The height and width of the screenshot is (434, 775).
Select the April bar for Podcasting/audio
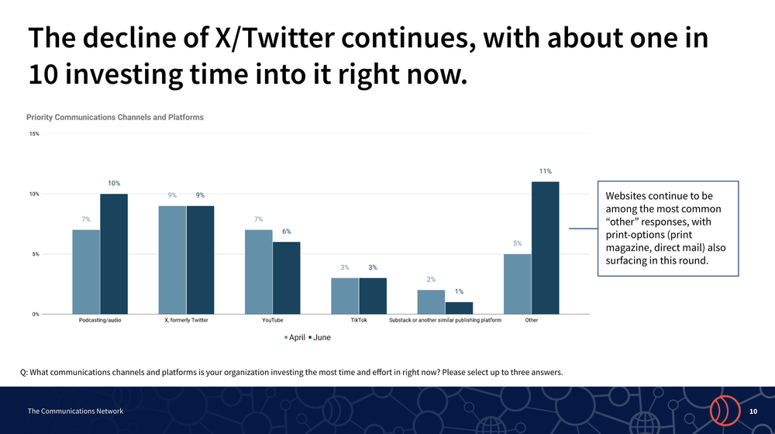(x=86, y=272)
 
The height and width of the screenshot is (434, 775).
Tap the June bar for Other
(x=545, y=248)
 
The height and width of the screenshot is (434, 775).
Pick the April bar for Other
(x=517, y=284)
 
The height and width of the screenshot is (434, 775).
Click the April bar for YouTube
(x=258, y=272)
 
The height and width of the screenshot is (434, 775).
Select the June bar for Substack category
(x=459, y=308)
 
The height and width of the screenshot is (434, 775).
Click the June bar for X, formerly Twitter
(x=200, y=260)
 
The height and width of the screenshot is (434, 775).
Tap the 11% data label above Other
(x=545, y=170)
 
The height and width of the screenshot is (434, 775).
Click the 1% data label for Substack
(x=459, y=291)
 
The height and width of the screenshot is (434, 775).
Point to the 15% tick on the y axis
(x=34, y=134)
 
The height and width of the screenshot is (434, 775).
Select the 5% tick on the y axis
(x=36, y=254)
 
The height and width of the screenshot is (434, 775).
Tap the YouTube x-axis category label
(x=272, y=320)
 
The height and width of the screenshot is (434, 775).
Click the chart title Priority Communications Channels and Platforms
(x=115, y=117)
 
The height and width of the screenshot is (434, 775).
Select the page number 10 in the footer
(x=753, y=411)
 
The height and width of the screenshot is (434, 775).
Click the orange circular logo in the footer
(x=722, y=410)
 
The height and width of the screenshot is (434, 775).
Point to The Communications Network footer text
(x=75, y=411)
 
